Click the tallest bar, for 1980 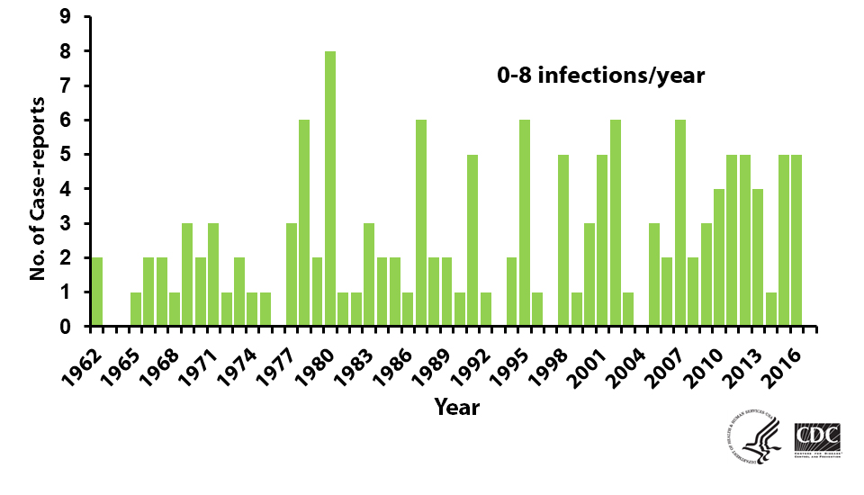pyautogui.click(x=330, y=189)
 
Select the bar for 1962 pyautogui.click(x=97, y=292)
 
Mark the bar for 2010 pyautogui.click(x=719, y=257)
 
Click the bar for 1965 pyautogui.click(x=136, y=310)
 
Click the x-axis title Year pyautogui.click(x=456, y=407)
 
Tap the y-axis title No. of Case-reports pyautogui.click(x=38, y=171)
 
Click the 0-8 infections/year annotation pyautogui.click(x=600, y=76)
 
